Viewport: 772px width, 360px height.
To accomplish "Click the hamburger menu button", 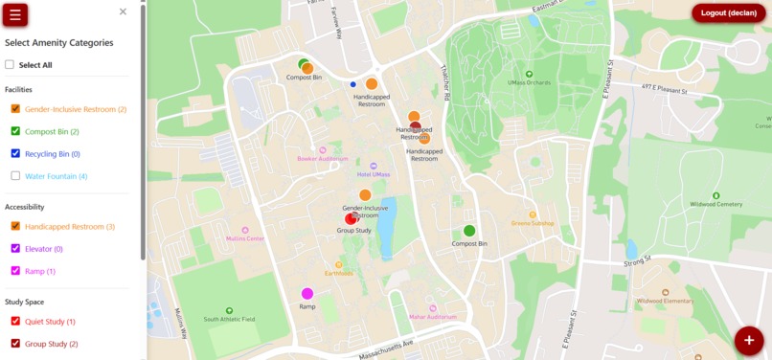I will [x=15, y=14].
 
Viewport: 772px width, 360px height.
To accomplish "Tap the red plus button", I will [x=749, y=340].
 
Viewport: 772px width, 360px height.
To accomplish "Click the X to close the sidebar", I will [x=123, y=11].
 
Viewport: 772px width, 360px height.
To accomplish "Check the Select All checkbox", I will [x=11, y=65].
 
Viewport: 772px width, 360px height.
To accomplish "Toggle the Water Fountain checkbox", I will [x=15, y=176].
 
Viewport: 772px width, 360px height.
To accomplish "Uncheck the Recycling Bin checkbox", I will [x=15, y=153].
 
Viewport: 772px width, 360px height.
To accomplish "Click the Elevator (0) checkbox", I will [x=15, y=249].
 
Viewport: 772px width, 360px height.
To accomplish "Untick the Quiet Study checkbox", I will [x=15, y=322].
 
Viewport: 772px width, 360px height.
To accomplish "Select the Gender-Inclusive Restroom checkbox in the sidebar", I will [x=15, y=109].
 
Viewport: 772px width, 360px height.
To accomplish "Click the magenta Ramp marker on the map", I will [x=307, y=294].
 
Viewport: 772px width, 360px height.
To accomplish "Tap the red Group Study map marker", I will [x=352, y=219].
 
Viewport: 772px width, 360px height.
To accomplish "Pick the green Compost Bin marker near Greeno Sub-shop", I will [x=469, y=231].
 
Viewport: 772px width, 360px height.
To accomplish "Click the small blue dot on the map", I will [x=353, y=84].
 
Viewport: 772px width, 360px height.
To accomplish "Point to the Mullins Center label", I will [x=245, y=238].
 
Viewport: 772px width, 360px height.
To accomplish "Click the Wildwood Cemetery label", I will [x=715, y=204].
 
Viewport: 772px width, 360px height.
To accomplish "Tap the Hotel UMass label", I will [x=374, y=173].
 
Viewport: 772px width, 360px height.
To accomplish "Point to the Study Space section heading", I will [x=25, y=302].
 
